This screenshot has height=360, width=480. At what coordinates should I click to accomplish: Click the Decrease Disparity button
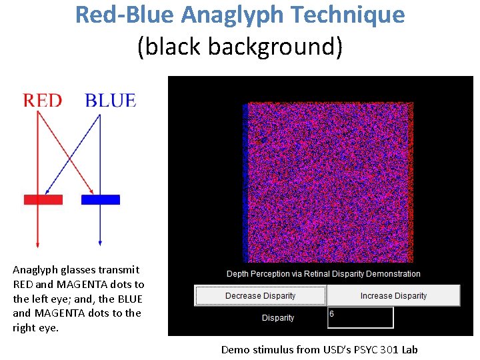(x=260, y=296)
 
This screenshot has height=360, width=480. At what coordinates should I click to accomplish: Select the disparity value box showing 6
(x=360, y=317)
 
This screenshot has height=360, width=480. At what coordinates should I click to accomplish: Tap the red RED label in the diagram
(x=42, y=101)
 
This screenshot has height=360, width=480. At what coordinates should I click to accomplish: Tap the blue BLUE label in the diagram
(x=110, y=101)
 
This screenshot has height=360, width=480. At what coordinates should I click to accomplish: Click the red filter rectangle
(x=43, y=199)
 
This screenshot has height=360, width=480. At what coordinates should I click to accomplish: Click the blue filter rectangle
(x=101, y=199)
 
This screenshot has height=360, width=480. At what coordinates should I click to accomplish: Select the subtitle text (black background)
(x=239, y=47)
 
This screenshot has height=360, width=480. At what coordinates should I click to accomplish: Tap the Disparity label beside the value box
(x=278, y=318)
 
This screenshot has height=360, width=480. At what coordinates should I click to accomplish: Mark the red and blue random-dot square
(x=329, y=181)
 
